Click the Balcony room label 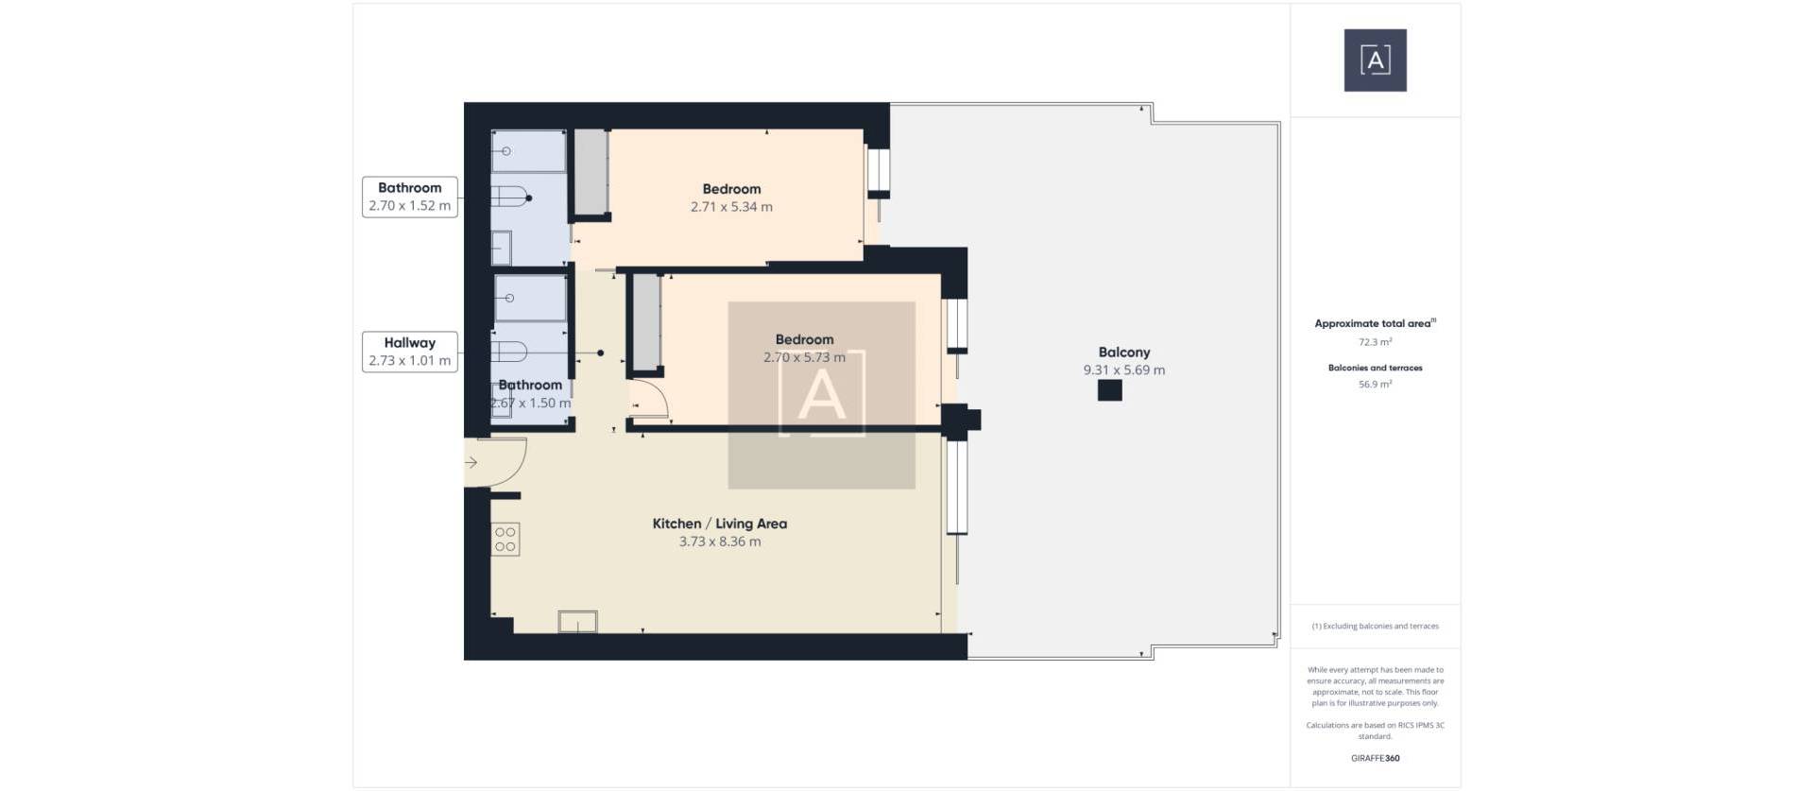1123,353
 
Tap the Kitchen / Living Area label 719,524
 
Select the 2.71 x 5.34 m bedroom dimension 731,207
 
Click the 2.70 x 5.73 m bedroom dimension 804,357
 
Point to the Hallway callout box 410,352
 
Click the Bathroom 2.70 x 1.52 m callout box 410,197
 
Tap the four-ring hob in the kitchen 505,540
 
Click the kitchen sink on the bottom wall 577,621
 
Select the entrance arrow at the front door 471,462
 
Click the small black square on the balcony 1109,390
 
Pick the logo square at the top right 1375,60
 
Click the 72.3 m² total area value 1375,342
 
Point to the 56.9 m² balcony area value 1375,385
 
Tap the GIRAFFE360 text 1375,758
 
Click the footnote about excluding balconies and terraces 1375,627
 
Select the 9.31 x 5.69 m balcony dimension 1123,370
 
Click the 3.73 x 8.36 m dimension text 719,542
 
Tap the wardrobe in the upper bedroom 590,171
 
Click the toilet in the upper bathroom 510,198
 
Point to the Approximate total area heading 1375,323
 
